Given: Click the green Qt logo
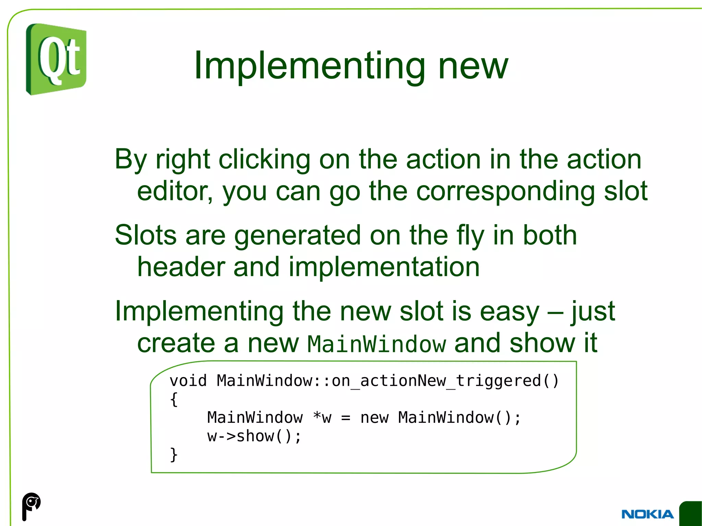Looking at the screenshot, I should point(56,59).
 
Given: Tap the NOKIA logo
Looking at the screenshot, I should point(647,514).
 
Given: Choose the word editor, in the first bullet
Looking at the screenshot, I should point(175,191).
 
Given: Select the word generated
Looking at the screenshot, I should point(298,235).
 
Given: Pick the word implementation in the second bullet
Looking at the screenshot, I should point(384,267).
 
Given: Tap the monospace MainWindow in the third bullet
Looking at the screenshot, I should point(376,344).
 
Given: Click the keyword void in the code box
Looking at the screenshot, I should point(188,381).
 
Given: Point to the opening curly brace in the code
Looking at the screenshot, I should point(174,400).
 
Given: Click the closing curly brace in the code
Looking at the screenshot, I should point(174,455).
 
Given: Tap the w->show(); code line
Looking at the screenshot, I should point(254,436).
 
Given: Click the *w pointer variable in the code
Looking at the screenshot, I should point(322,417).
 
